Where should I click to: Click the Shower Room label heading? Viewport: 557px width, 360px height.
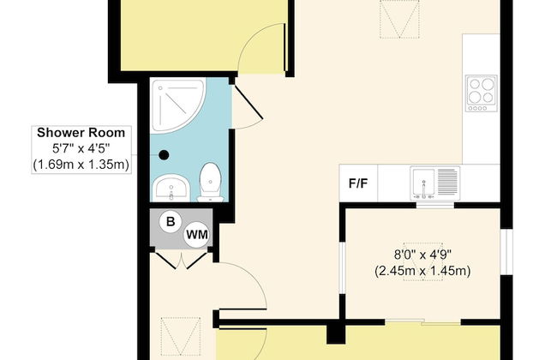tap(81, 133)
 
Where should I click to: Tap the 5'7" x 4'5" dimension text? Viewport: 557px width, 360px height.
tap(81, 148)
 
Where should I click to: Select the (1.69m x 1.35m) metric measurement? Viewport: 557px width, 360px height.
tap(81, 164)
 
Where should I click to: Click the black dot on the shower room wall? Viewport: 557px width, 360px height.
tap(164, 155)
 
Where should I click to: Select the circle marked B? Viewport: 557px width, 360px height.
tap(171, 222)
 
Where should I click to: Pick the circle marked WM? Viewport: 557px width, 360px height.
tap(196, 233)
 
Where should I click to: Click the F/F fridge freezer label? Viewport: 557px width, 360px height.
tap(358, 183)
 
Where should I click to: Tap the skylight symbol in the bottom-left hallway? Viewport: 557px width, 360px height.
tap(178, 335)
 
